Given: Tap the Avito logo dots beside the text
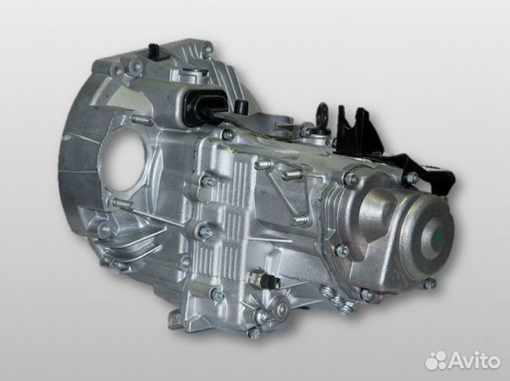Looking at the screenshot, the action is [436, 360].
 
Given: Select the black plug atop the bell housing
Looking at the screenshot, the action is [153, 52].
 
